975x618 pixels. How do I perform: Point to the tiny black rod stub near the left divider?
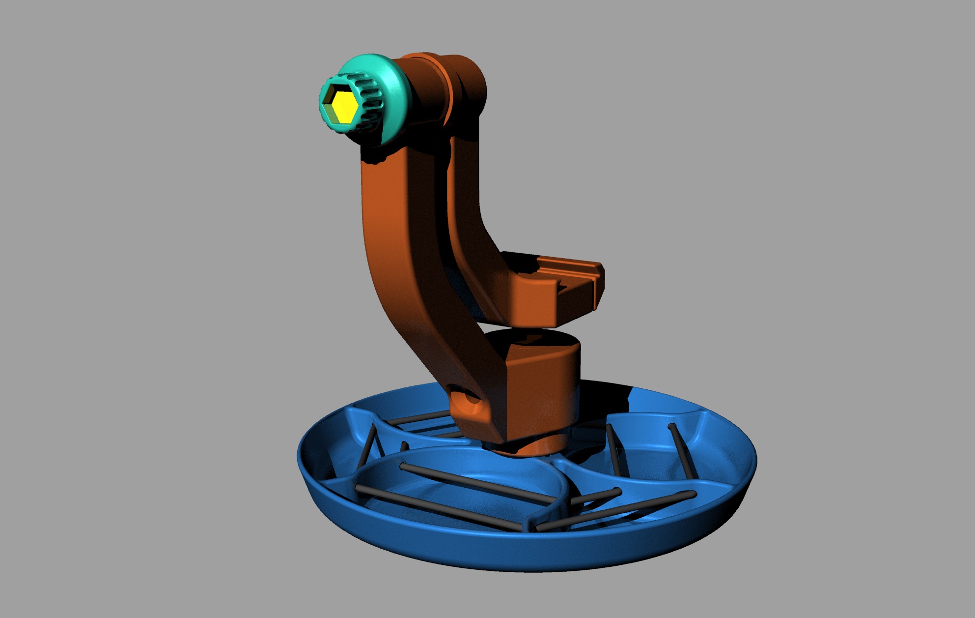click(404, 446)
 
